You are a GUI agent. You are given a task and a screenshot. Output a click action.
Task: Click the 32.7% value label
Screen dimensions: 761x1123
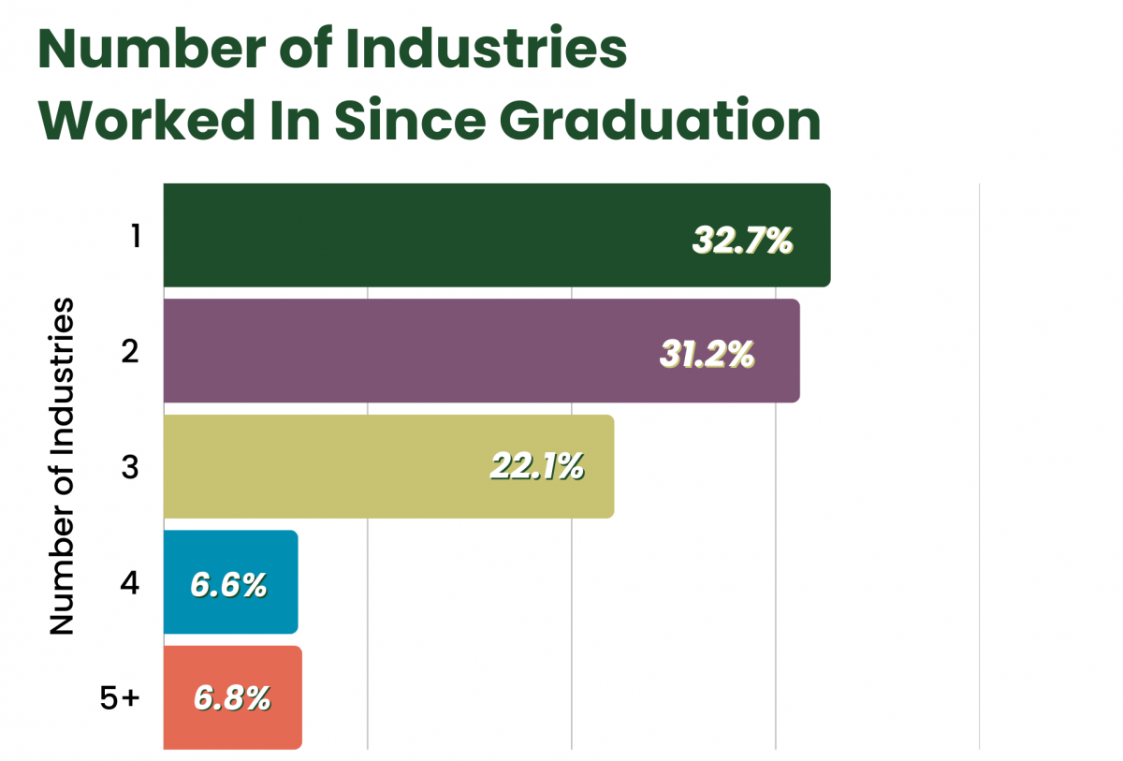742,240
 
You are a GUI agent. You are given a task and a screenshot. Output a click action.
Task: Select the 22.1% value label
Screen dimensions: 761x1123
537,465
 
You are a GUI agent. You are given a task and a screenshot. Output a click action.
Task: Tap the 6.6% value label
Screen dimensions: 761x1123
229,584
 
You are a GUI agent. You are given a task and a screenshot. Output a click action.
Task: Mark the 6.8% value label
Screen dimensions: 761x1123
232,697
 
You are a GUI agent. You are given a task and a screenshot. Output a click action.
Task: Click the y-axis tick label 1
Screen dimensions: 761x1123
135,236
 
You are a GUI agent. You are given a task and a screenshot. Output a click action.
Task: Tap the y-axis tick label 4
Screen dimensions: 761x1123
130,583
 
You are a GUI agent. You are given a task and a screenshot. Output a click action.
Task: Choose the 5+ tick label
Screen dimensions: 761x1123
119,698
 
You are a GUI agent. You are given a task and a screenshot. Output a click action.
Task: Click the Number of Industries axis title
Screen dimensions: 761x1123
62,466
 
